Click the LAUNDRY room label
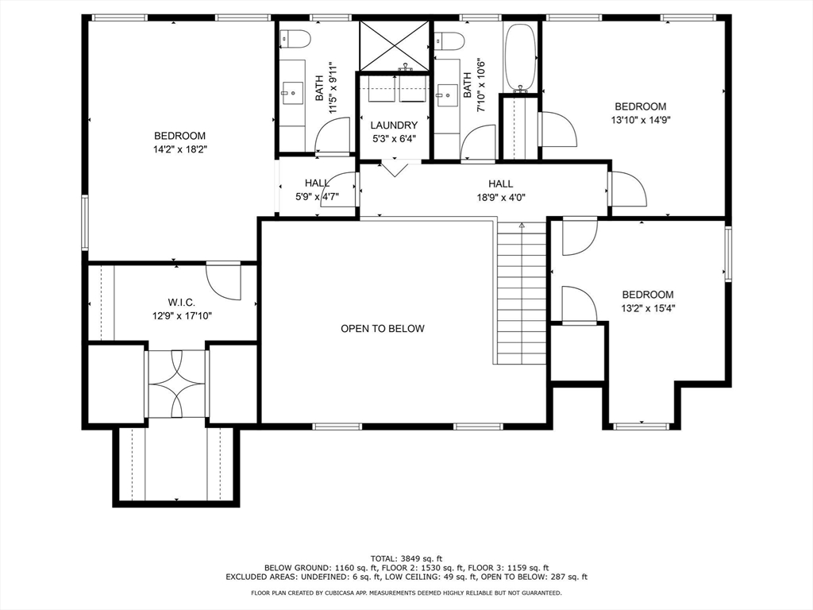pos(394,125)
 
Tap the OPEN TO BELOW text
pos(383,328)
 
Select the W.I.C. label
pos(182,302)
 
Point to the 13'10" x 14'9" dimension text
pos(641,120)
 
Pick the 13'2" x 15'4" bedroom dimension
pos(648,308)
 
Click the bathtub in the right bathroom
pos(520,56)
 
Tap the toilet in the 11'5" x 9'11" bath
pos(295,38)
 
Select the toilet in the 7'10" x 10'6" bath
pos(449,40)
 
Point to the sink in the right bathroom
pos(446,95)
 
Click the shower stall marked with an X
pos(395,45)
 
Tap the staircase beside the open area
pos(522,292)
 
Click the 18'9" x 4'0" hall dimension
pos(501,197)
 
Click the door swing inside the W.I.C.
pos(224,280)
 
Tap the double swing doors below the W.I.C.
pos(177,384)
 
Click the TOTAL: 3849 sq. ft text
pos(406,558)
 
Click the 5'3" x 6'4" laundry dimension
pos(394,139)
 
